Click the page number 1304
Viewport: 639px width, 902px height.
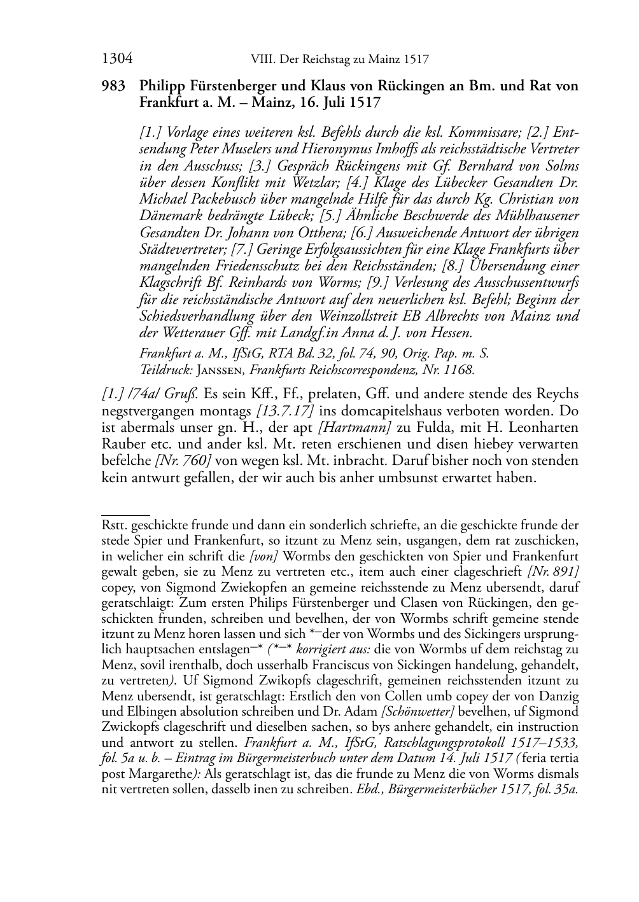coord(117,60)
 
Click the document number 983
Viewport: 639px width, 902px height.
coord(113,86)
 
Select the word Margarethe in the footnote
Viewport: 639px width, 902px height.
coord(160,774)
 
